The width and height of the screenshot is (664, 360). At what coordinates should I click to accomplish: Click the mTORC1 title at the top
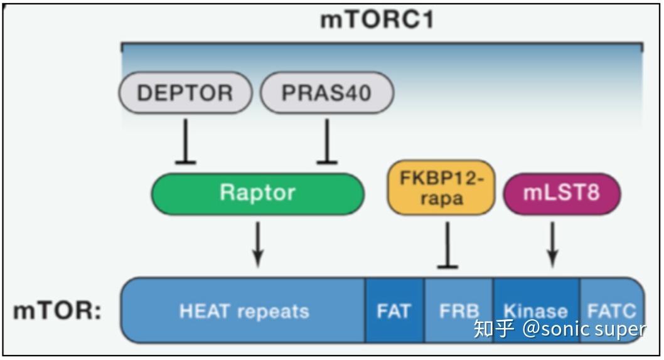click(377, 20)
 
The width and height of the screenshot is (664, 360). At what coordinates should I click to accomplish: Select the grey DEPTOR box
click(185, 93)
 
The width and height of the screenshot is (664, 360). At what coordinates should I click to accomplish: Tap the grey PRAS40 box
click(327, 93)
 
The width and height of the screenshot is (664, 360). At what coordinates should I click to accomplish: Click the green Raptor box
click(257, 193)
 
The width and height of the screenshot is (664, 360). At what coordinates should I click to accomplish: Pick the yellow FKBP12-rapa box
click(441, 188)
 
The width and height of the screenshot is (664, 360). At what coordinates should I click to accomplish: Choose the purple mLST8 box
click(562, 193)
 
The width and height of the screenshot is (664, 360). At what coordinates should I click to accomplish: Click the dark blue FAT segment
click(394, 311)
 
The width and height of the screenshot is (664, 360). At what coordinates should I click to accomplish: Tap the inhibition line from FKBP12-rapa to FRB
click(447, 245)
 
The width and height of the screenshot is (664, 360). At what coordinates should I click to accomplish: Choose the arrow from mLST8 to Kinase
click(552, 243)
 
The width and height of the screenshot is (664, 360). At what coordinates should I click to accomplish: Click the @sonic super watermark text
click(584, 329)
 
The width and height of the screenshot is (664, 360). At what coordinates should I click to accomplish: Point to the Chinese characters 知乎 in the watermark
click(495, 329)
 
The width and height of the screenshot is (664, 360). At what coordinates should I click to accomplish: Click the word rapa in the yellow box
click(441, 199)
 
